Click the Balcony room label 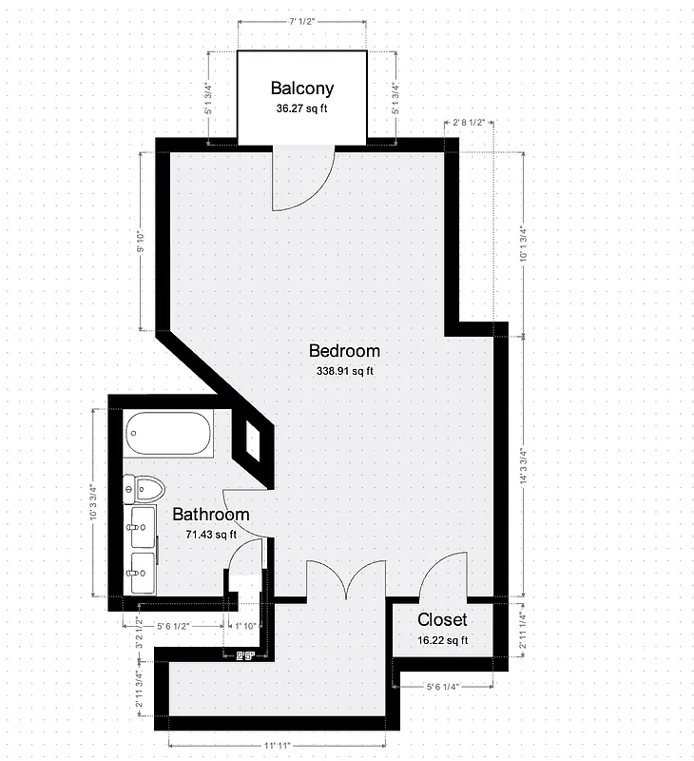click(x=302, y=88)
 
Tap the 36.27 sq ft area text click(x=302, y=108)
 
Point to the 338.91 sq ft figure click(x=345, y=371)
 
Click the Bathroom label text click(x=210, y=515)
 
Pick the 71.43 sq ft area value click(x=211, y=535)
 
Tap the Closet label click(x=442, y=620)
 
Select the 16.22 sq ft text click(x=443, y=640)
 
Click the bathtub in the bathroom click(x=167, y=434)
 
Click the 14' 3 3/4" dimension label click(x=522, y=468)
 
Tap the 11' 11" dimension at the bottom click(x=282, y=745)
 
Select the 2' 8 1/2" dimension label click(x=470, y=123)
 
